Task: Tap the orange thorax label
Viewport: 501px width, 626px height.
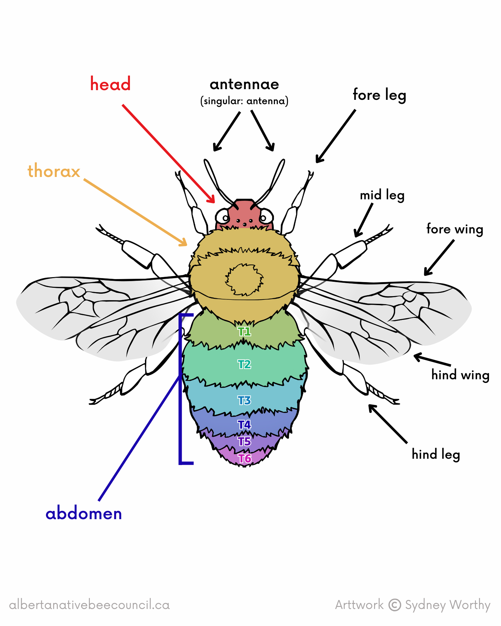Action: coord(54,171)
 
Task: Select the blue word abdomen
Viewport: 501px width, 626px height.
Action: coord(83,513)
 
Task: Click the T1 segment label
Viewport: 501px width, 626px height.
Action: coord(244,332)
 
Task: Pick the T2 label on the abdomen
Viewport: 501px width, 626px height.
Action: coord(244,364)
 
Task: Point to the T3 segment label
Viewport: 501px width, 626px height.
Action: coord(244,400)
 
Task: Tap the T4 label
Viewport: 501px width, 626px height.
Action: coord(244,425)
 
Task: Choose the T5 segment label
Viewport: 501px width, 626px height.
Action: coord(244,441)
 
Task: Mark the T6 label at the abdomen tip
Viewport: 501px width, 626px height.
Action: coord(244,458)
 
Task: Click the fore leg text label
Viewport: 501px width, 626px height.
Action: coord(379,95)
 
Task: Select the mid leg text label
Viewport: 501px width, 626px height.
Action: coord(382,195)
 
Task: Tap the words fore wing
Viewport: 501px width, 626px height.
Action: coord(455,229)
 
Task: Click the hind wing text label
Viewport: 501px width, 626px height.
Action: coord(460,375)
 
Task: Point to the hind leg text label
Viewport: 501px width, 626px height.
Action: coord(436,454)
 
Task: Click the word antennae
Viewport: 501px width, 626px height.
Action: coord(244,84)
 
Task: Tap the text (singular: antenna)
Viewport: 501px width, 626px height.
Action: coord(244,101)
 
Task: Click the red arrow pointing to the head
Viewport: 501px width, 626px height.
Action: coord(167,152)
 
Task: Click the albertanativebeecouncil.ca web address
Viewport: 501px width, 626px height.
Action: coord(90,605)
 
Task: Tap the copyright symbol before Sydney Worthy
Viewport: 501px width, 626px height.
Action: coord(394,605)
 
